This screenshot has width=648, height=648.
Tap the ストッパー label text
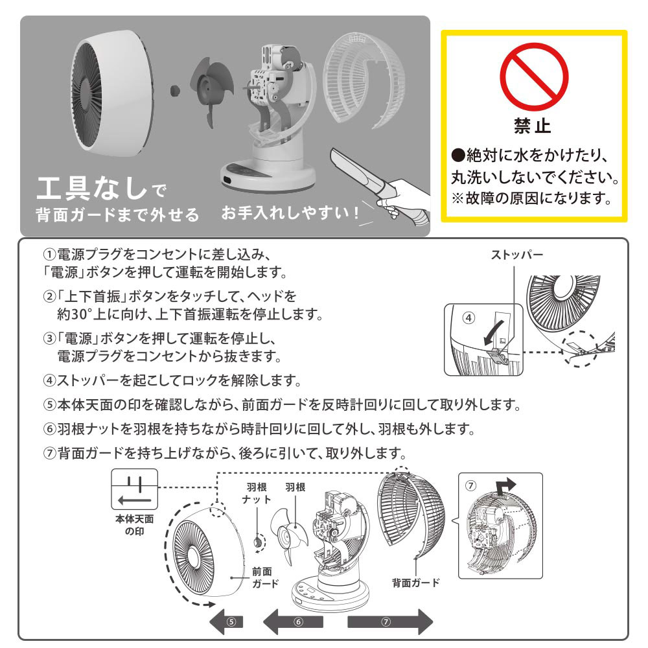click(516, 255)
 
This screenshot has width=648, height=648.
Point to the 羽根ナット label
click(257, 493)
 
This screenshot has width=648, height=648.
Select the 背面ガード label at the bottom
click(416, 583)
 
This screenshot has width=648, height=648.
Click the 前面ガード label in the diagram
click(265, 577)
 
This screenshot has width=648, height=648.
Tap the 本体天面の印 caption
click(134, 525)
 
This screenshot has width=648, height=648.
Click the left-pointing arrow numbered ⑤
click(226, 621)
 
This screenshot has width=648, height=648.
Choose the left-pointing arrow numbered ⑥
click(293, 621)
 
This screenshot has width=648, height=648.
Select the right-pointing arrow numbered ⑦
click(390, 621)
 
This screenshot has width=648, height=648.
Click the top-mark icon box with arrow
click(134, 489)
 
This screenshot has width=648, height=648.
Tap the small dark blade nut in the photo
click(175, 91)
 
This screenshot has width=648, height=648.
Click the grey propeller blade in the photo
click(211, 91)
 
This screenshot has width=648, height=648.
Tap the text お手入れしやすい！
click(290, 213)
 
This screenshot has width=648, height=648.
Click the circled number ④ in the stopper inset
click(469, 318)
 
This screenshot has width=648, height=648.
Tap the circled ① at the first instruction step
click(49, 254)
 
